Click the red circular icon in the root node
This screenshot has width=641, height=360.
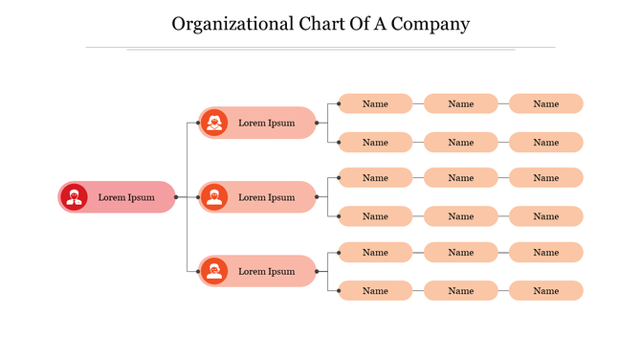click(74, 197)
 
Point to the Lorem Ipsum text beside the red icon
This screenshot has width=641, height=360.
click(126, 197)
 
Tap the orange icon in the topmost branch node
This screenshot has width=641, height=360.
click(213, 123)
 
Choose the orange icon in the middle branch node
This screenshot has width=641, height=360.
click(213, 197)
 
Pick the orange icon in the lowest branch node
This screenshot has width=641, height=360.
click(213, 271)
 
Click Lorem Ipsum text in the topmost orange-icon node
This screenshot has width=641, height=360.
click(267, 123)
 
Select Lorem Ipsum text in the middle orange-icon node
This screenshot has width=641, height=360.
click(267, 197)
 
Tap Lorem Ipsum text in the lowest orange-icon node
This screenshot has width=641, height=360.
click(267, 271)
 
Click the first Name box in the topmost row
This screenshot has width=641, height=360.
click(375, 103)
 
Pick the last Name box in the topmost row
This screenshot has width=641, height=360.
click(545, 103)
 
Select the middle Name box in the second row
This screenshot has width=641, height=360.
click(460, 142)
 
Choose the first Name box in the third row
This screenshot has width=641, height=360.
click(375, 177)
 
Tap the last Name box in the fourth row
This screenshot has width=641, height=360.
click(545, 215)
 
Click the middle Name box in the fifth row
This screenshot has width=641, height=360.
click(460, 252)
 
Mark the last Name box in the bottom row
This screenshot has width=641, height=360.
click(545, 290)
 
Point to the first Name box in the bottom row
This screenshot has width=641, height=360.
click(375, 290)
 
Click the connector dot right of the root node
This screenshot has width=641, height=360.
click(176, 197)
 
